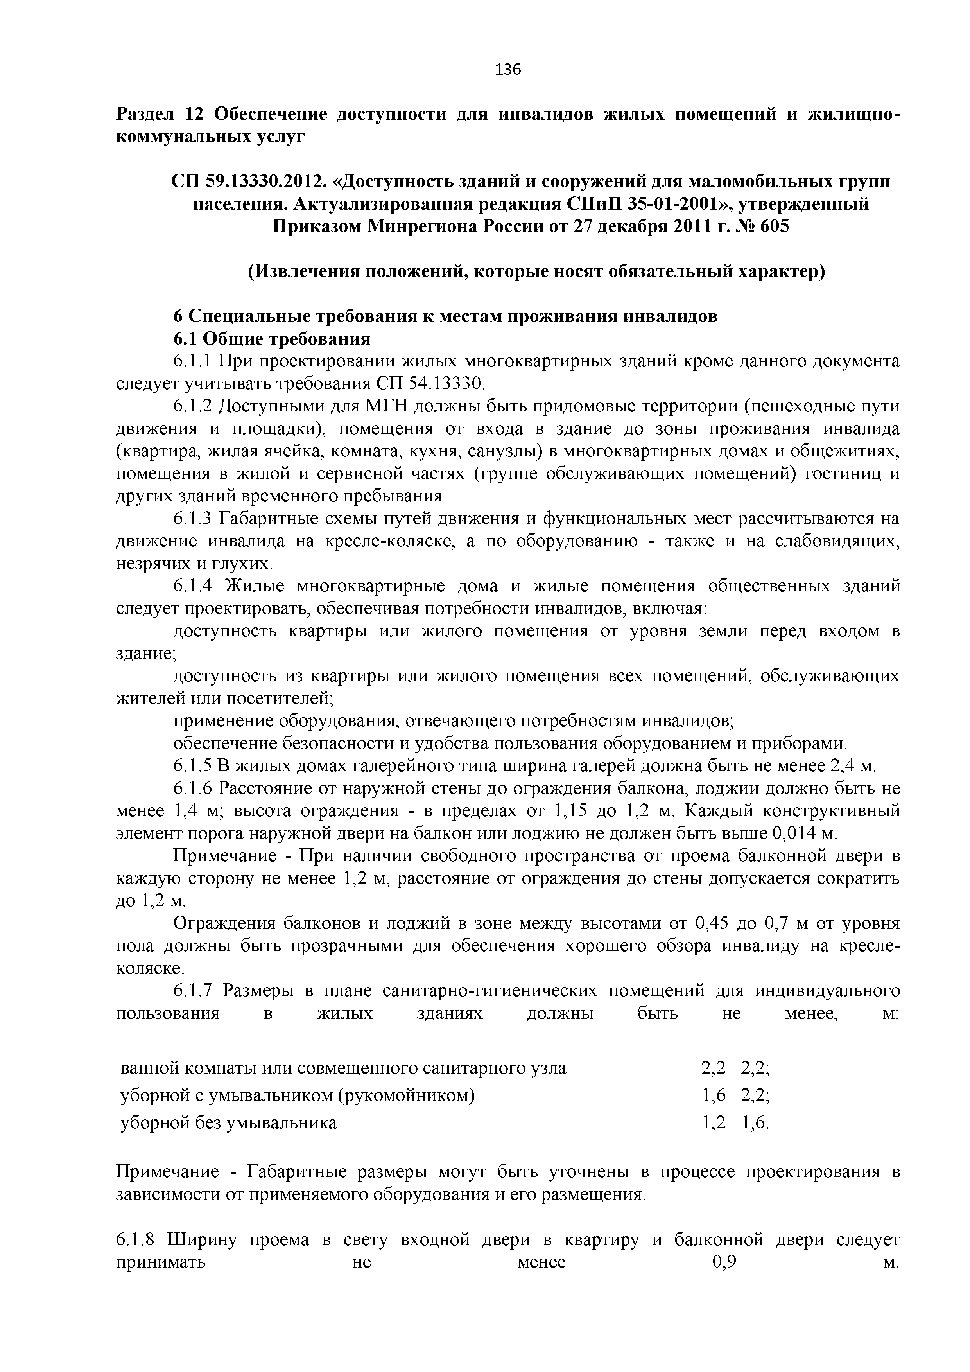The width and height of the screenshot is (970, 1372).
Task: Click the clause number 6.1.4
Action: (x=193, y=586)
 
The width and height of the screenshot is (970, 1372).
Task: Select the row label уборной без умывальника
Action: (x=229, y=1123)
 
